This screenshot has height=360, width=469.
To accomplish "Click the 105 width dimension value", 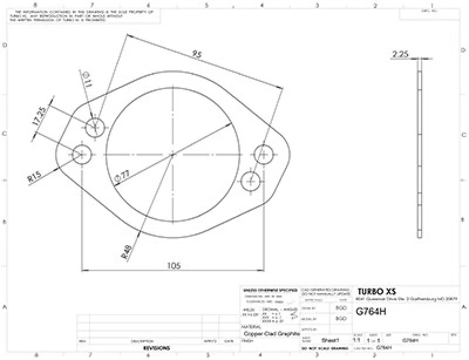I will (x=173, y=266).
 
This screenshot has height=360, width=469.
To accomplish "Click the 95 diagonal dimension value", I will (x=196, y=55).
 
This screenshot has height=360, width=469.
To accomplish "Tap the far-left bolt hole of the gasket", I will (x=82, y=155).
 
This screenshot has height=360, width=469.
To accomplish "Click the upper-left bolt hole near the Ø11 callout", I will (x=95, y=125).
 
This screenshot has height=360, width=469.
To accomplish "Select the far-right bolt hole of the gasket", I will (x=264, y=155).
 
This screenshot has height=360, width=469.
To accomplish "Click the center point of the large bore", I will (x=173, y=155).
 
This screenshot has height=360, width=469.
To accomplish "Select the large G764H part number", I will (x=371, y=312).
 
